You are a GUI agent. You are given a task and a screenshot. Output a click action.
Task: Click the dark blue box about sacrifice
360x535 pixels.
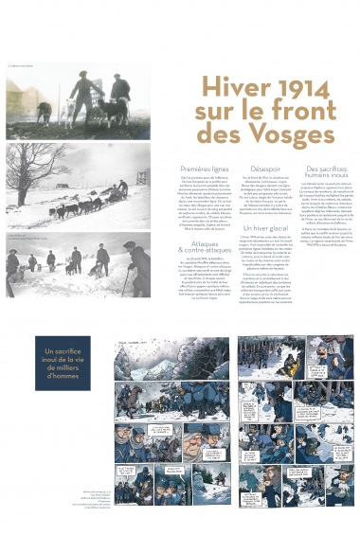pyautogui.click(x=63, y=363)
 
